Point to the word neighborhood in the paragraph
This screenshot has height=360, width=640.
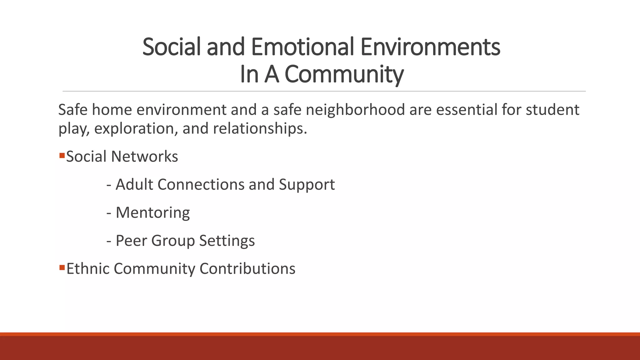(355, 110)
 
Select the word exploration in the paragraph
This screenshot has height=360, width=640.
(136, 128)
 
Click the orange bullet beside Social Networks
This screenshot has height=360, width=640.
(62, 155)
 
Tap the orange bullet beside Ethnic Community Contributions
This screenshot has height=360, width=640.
(62, 267)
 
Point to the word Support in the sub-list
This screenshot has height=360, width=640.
(307, 184)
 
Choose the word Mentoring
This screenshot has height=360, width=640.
(152, 212)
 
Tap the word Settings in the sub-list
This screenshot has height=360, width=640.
(227, 241)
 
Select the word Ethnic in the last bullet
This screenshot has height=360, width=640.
(88, 268)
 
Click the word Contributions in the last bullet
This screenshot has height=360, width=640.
(247, 268)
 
